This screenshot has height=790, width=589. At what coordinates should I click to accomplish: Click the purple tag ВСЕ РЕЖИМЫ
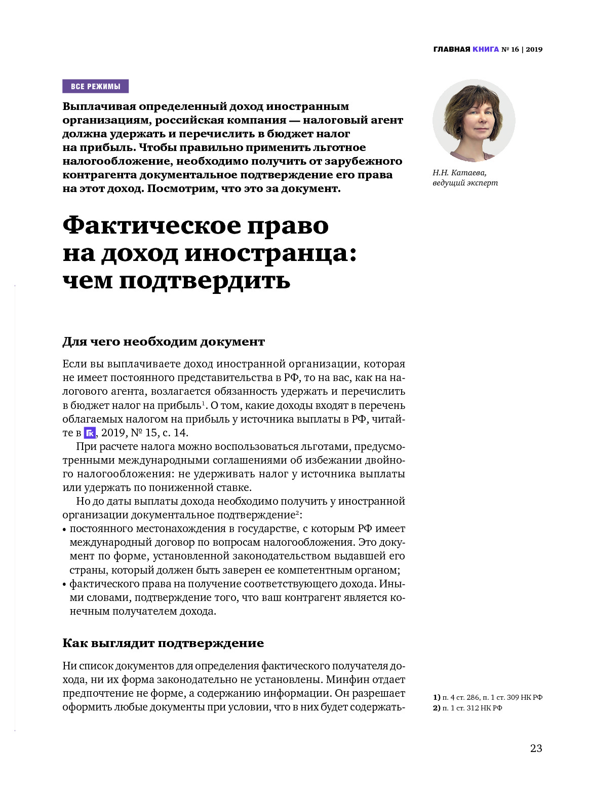[x=95, y=86]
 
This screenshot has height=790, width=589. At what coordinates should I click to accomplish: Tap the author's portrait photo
[x=474, y=121]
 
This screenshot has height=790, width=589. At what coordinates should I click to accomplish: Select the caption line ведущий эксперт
[x=465, y=183]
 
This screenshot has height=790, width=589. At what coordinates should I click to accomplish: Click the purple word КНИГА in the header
[x=485, y=49]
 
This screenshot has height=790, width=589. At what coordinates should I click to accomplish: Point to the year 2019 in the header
[x=534, y=49]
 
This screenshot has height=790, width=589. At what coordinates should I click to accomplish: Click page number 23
[x=536, y=748]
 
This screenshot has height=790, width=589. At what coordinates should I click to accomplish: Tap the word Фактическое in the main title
[x=151, y=225]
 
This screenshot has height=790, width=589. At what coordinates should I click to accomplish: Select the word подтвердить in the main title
[x=205, y=280]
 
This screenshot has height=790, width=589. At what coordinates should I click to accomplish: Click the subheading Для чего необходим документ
[x=164, y=342]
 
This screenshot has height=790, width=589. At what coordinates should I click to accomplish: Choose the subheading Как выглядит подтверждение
[x=163, y=643]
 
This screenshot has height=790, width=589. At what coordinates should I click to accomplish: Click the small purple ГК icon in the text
[x=90, y=433]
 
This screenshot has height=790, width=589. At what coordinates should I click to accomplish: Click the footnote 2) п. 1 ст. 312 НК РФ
[x=467, y=708]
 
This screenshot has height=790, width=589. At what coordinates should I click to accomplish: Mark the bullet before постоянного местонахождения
[x=64, y=530]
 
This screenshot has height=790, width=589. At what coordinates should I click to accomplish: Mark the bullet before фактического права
[x=64, y=584]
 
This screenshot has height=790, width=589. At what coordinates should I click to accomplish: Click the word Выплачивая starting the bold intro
[x=99, y=106]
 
